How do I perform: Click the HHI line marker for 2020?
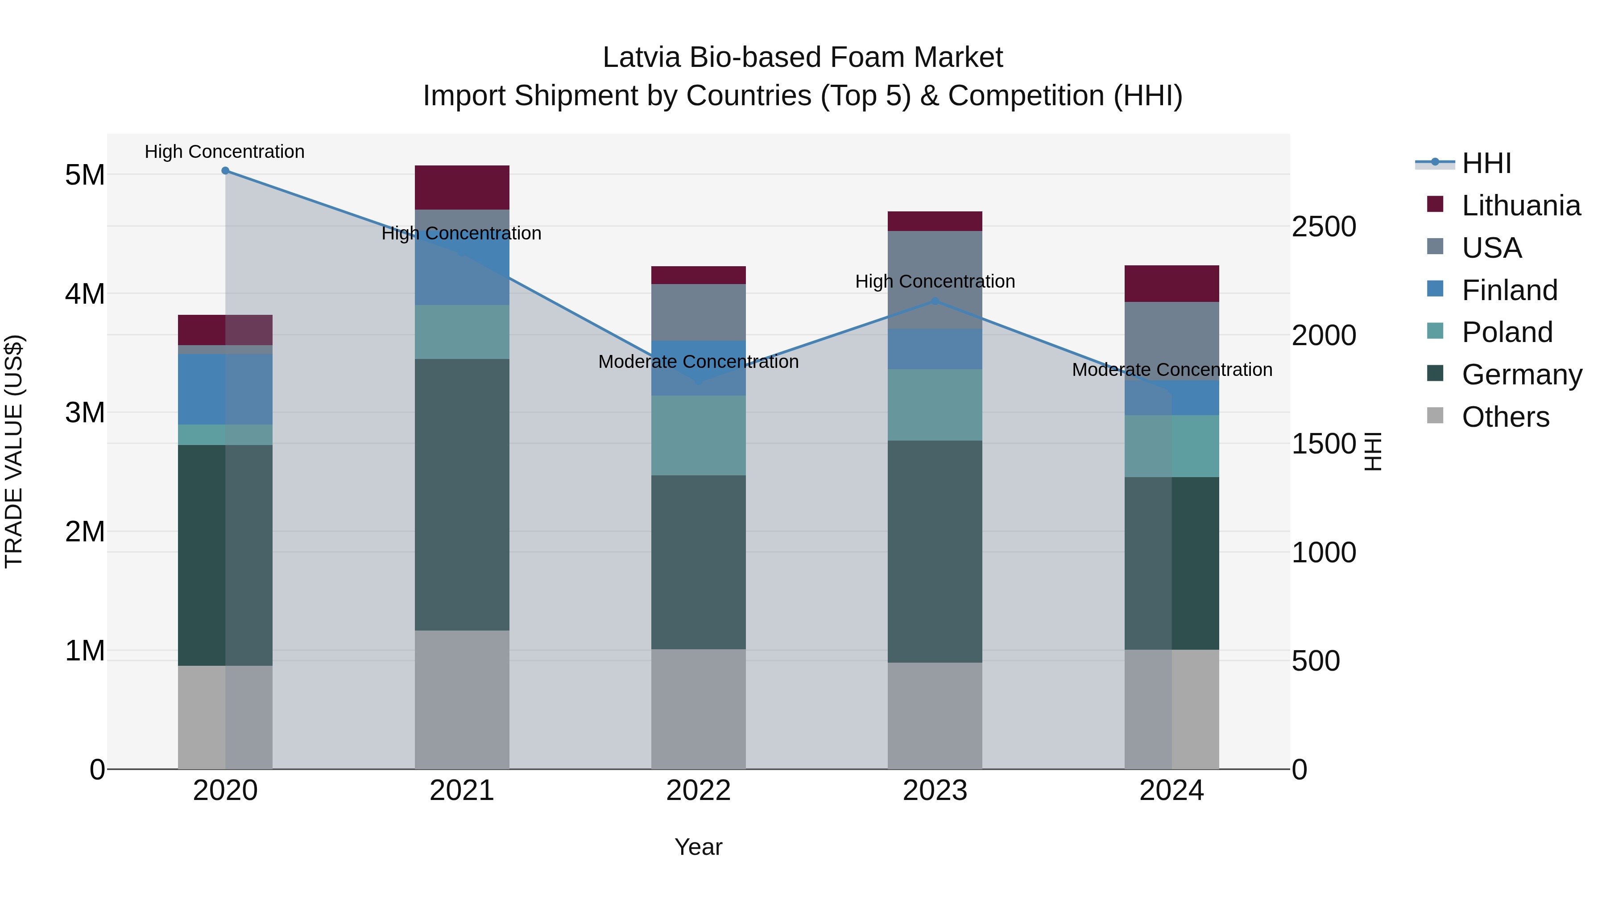(225, 171)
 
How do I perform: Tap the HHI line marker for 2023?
(935, 301)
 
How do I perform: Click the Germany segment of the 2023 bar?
(935, 552)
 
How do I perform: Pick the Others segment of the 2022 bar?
(698, 709)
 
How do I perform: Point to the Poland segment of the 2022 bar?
(698, 436)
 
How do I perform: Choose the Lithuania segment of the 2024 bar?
(1171, 284)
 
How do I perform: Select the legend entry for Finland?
(1509, 290)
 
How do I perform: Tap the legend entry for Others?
(1505, 417)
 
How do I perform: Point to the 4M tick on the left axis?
(85, 293)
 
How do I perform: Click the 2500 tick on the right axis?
(1323, 227)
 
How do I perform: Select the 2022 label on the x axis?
(698, 791)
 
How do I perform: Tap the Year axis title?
(698, 847)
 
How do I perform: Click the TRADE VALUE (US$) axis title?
(14, 451)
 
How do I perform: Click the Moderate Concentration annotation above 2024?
(1171, 370)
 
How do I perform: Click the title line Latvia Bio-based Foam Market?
(803, 58)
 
